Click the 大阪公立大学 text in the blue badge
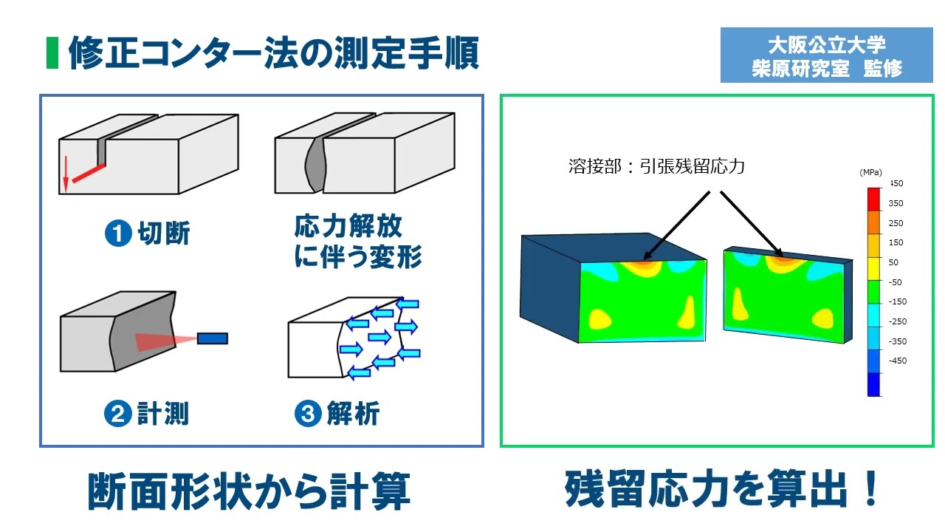(826, 45)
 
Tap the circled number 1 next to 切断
(117, 233)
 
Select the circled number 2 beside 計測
(117, 413)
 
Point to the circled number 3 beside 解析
(307, 413)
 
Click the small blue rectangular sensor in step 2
(213, 338)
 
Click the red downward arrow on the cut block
(65, 174)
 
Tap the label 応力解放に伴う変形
(357, 241)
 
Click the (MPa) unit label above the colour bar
(871, 172)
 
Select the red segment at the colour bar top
(873, 198)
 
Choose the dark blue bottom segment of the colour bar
(873, 384)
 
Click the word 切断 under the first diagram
(164, 233)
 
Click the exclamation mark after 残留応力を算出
(871, 489)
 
